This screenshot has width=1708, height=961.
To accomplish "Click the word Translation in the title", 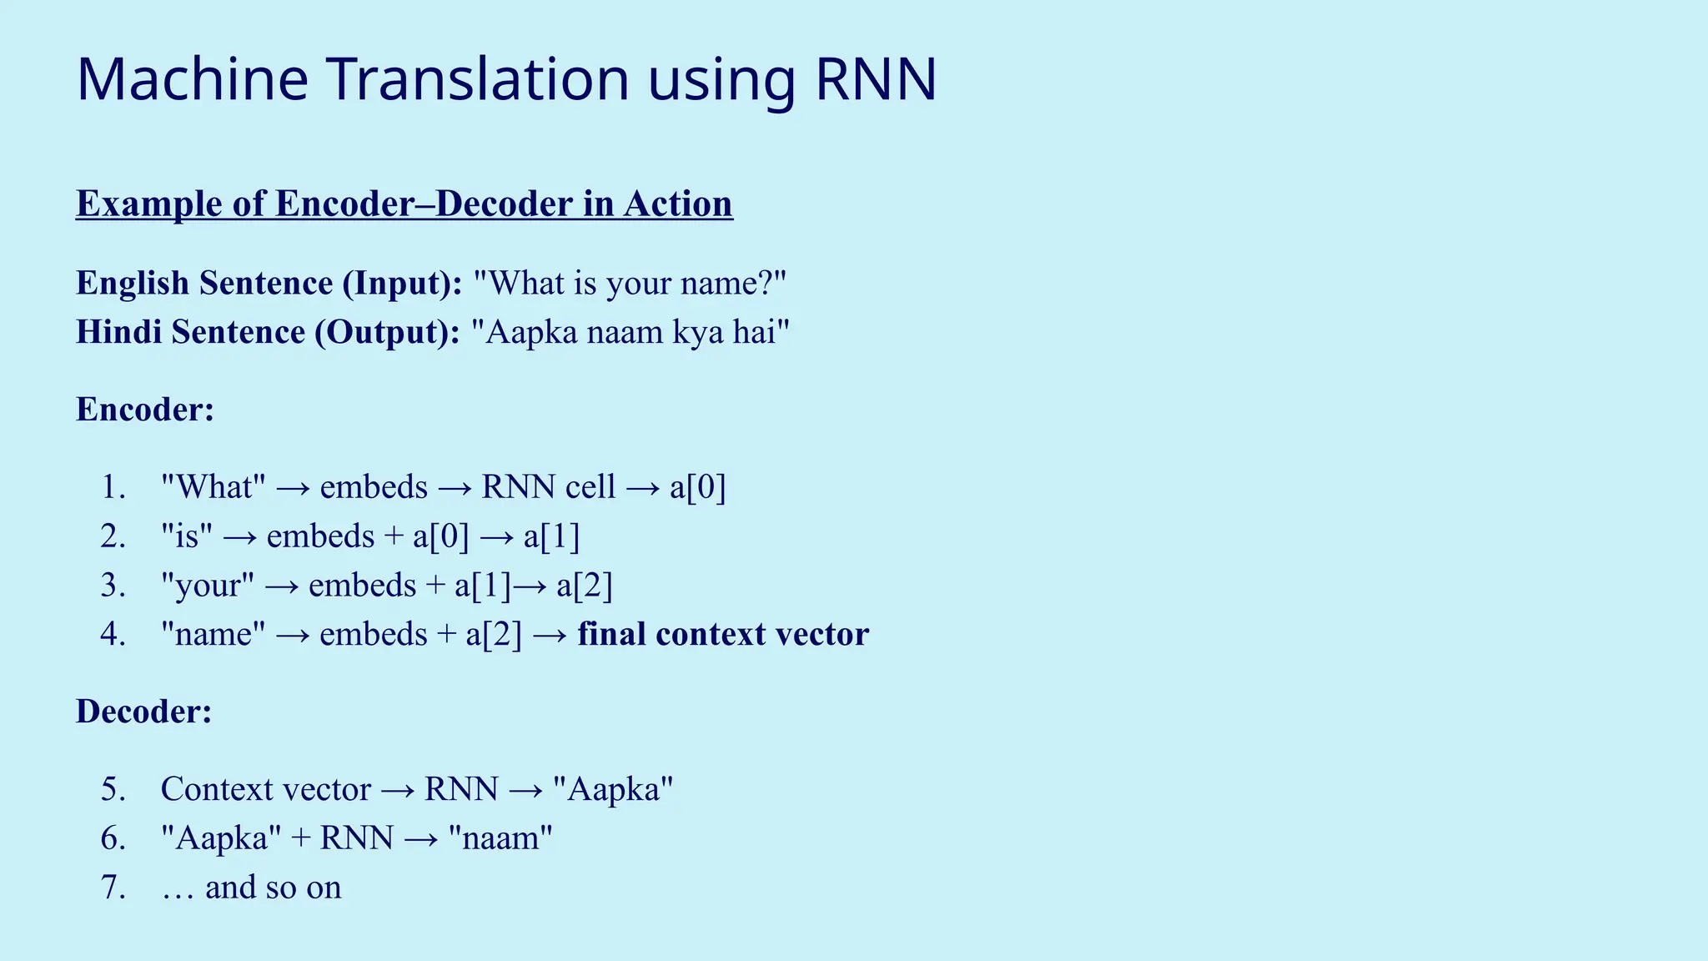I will pyautogui.click(x=478, y=79).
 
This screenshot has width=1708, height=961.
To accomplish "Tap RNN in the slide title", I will pyautogui.click(x=876, y=79).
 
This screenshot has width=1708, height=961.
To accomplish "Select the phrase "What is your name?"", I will pyautogui.click(x=630, y=284).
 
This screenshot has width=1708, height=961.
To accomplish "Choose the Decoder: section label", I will pyautogui.click(x=144, y=712).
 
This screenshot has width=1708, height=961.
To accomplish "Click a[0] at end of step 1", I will pyautogui.click(x=698, y=487).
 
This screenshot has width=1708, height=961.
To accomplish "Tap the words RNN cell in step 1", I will pyautogui.click(x=548, y=487).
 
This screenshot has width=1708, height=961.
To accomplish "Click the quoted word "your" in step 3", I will pyautogui.click(x=208, y=586).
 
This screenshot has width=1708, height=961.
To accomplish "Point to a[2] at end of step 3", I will pyautogui.click(x=585, y=586).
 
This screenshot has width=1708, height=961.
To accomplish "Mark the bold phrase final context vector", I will pyautogui.click(x=723, y=635).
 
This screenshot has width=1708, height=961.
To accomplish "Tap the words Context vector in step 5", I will pyautogui.click(x=265, y=789).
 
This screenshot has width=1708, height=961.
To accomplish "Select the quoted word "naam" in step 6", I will pyautogui.click(x=500, y=838).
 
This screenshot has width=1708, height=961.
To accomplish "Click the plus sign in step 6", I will pyautogui.click(x=300, y=838).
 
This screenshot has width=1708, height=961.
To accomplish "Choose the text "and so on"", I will pyautogui.click(x=273, y=888).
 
